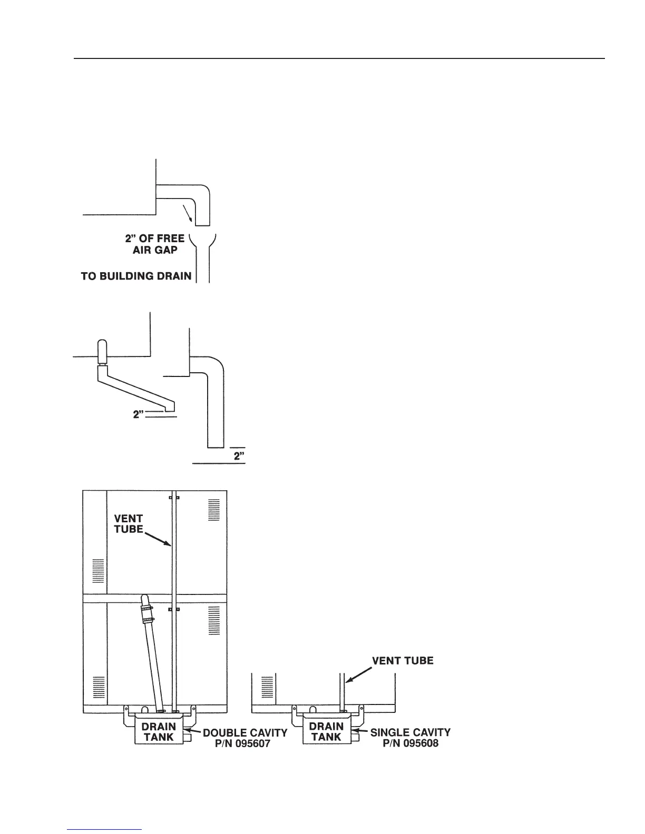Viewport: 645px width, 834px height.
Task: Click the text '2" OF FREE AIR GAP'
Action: coord(156,244)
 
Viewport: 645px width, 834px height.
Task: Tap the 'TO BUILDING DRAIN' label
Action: coord(136,276)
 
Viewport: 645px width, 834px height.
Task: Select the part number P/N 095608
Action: coord(411,744)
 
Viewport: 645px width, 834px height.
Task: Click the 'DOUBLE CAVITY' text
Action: coord(245,732)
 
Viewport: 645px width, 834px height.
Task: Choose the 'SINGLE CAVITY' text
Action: coord(411,732)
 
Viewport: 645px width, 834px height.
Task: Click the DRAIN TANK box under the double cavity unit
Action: coord(159,732)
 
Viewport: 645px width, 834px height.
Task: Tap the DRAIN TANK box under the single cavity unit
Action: coord(326,732)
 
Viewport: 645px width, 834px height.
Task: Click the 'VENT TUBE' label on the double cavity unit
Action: coord(129,524)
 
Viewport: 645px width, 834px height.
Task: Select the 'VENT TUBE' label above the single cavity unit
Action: coord(403,660)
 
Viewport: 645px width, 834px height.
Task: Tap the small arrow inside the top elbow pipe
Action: coord(187,212)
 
